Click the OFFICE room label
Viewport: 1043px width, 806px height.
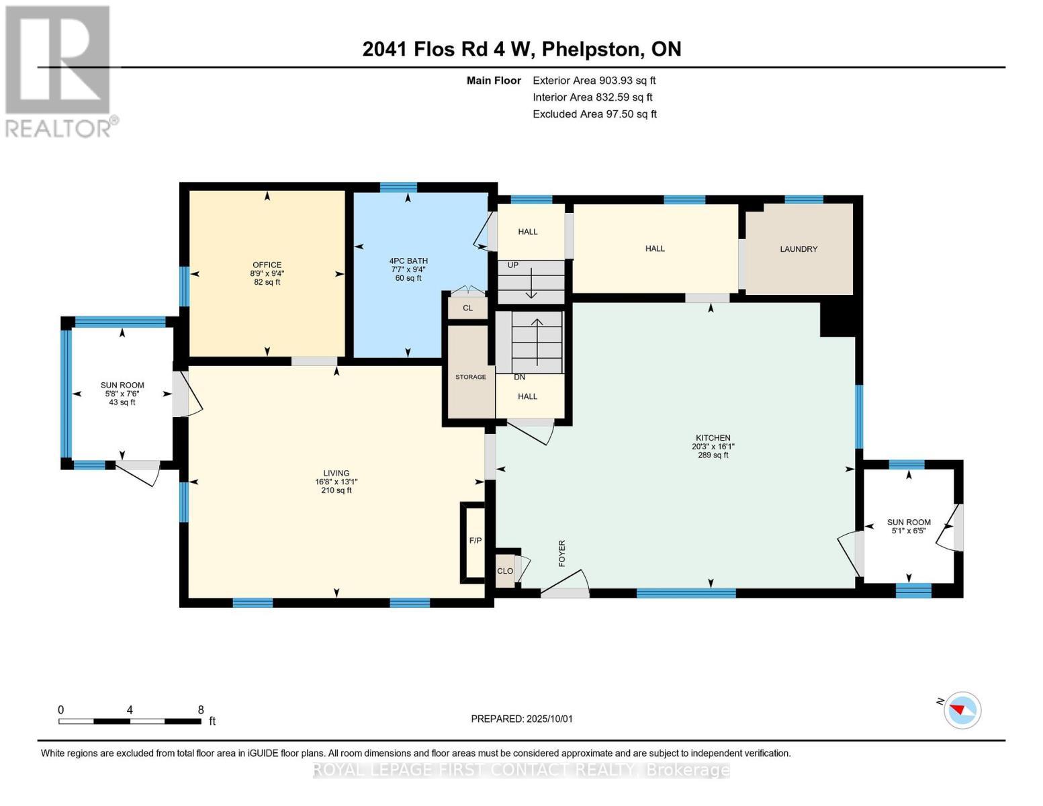point(267,265)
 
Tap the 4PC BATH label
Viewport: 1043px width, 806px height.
point(408,261)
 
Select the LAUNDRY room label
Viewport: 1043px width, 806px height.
point(799,249)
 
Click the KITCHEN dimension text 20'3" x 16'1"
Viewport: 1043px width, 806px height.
point(713,447)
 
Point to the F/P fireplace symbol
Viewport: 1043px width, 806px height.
point(475,541)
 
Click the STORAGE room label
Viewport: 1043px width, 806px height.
point(471,377)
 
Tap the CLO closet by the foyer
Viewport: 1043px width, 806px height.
point(505,572)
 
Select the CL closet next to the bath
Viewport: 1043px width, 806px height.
point(467,308)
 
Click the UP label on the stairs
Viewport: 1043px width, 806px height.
point(513,265)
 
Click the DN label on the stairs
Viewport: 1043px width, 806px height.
point(519,377)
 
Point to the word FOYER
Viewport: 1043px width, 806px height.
point(562,553)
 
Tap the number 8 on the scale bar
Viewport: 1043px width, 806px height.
point(201,709)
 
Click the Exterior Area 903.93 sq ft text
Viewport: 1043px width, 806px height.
point(594,81)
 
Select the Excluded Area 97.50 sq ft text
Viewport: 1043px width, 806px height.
point(594,114)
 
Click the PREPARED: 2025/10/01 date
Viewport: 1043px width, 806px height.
point(522,719)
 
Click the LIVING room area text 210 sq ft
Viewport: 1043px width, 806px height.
point(336,490)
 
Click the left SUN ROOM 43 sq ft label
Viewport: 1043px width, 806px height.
point(122,402)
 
